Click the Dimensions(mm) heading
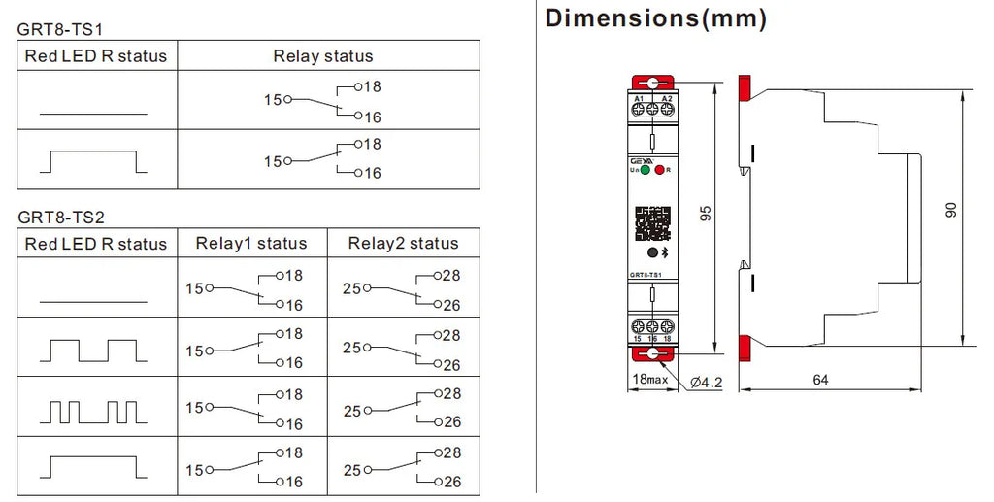tap(655, 18)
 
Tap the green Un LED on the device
tap(645, 170)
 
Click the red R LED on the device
tap(660, 170)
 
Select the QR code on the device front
tap(652, 222)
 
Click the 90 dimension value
tap(952, 209)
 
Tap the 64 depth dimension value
tap(820, 380)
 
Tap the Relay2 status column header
tap(403, 244)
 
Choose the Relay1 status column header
tap(250, 244)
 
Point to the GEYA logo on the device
tap(643, 159)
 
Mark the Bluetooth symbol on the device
tap(665, 252)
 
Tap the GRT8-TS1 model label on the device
tap(646, 275)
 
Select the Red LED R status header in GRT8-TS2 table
tap(96, 244)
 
